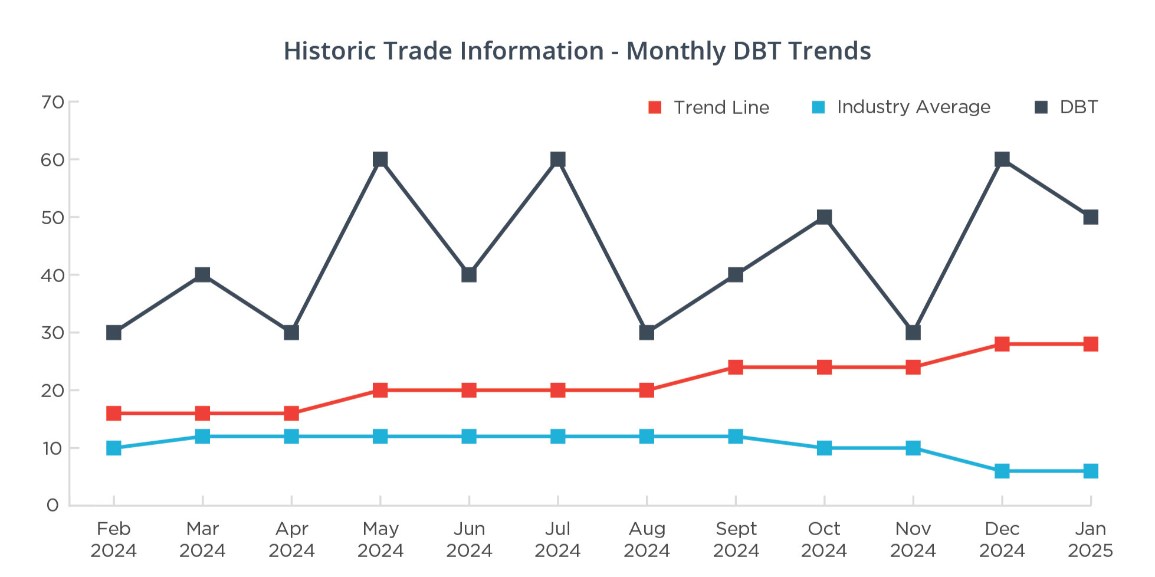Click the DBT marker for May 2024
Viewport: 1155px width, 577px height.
[380, 159]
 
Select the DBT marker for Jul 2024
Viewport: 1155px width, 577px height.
[558, 159]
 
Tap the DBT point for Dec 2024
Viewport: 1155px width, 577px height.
[1002, 159]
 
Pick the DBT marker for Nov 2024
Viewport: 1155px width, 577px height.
[913, 333]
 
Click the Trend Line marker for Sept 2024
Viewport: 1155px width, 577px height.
[736, 367]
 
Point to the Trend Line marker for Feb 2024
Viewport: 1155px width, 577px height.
[114, 413]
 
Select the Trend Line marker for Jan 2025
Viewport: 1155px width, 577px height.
[1091, 344]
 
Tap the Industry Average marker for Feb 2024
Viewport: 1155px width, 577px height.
[114, 448]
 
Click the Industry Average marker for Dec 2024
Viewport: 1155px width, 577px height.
[1002, 471]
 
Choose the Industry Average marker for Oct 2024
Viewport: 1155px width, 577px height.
[824, 448]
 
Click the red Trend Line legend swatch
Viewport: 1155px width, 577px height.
[655, 107]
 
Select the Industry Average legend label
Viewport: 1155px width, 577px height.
[913, 107]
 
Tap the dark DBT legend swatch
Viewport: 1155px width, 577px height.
[1041, 107]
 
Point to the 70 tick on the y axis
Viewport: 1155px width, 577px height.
[52, 103]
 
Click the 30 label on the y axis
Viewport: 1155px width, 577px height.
[52, 333]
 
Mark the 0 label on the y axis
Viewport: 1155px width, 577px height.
[52, 506]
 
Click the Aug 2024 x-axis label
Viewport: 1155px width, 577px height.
[647, 539]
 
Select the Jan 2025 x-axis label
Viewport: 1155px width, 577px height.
[1090, 539]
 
